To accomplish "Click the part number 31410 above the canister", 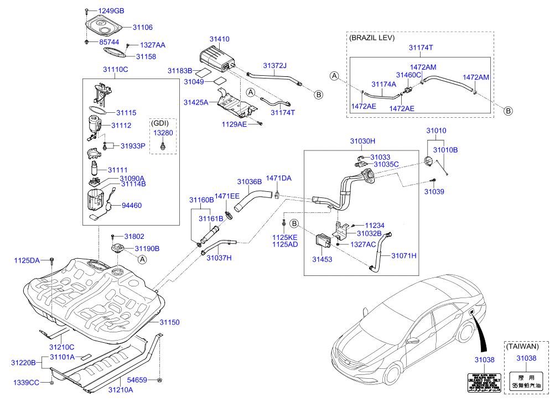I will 219,40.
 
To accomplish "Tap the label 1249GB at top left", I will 111,11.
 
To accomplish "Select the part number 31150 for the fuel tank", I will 170,322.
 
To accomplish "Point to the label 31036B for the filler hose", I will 250,181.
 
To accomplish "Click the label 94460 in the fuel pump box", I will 132,205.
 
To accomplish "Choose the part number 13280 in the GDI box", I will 163,133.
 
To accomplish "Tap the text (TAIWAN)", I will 522,347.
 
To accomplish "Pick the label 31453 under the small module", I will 322,259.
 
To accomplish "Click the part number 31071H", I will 404,255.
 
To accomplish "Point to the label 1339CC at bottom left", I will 27,383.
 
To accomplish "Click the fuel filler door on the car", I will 471,313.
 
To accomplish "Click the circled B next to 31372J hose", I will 318,95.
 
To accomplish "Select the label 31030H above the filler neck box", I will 362,142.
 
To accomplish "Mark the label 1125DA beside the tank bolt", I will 27,260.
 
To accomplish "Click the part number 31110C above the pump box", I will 115,69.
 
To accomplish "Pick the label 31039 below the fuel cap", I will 434,191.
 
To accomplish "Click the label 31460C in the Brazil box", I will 408,75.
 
